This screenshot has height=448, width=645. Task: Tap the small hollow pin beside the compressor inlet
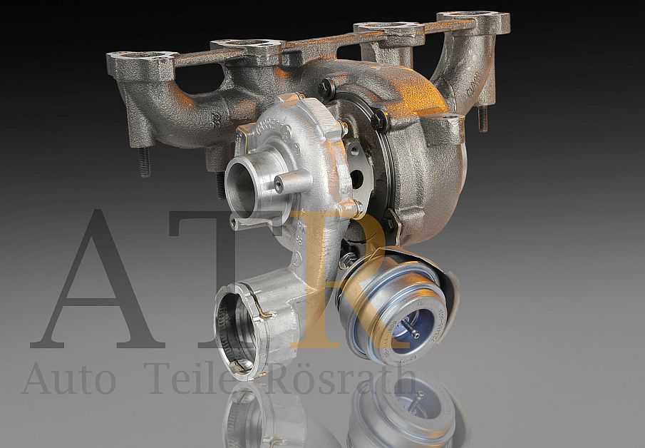click(x=278, y=185)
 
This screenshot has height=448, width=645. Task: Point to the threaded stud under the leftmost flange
click(x=144, y=163)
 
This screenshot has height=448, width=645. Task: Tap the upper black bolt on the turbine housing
click(x=328, y=88)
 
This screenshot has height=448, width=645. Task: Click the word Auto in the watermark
click(x=68, y=379)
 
